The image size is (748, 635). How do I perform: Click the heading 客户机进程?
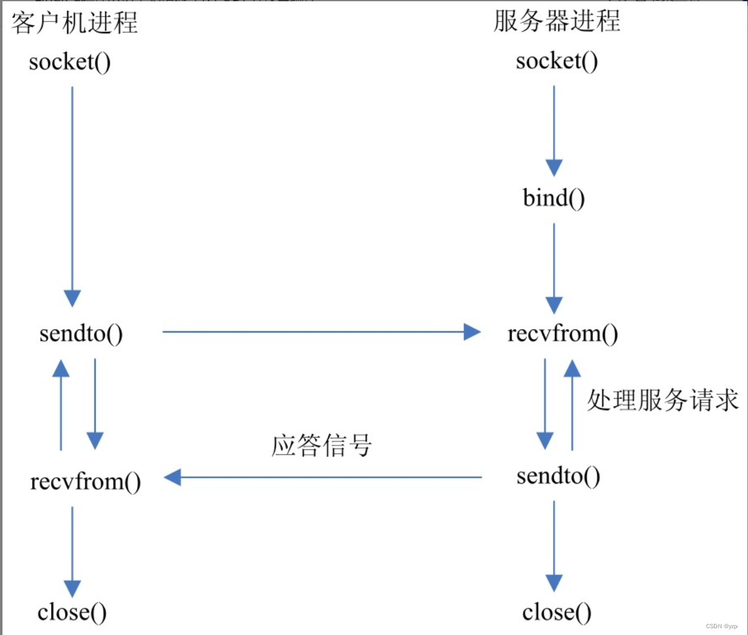click(74, 23)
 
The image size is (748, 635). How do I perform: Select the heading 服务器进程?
click(557, 21)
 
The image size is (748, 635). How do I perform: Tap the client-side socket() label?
click(70, 62)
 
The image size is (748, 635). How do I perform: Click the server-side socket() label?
click(557, 60)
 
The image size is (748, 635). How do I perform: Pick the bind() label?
click(554, 198)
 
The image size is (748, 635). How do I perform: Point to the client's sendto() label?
click(81, 333)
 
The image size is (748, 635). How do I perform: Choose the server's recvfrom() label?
click(562, 333)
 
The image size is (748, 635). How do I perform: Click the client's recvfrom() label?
click(85, 481)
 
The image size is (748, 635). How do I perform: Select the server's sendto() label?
click(558, 476)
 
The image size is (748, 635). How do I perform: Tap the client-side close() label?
click(72, 612)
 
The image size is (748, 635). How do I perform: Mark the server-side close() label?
click(557, 612)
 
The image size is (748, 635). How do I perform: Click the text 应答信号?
click(322, 445)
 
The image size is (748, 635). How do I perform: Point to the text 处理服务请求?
click(662, 400)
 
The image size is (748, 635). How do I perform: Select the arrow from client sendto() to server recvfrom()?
click(321, 332)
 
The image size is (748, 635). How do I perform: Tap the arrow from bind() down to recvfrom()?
click(554, 268)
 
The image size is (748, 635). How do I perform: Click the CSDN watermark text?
click(721, 626)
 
